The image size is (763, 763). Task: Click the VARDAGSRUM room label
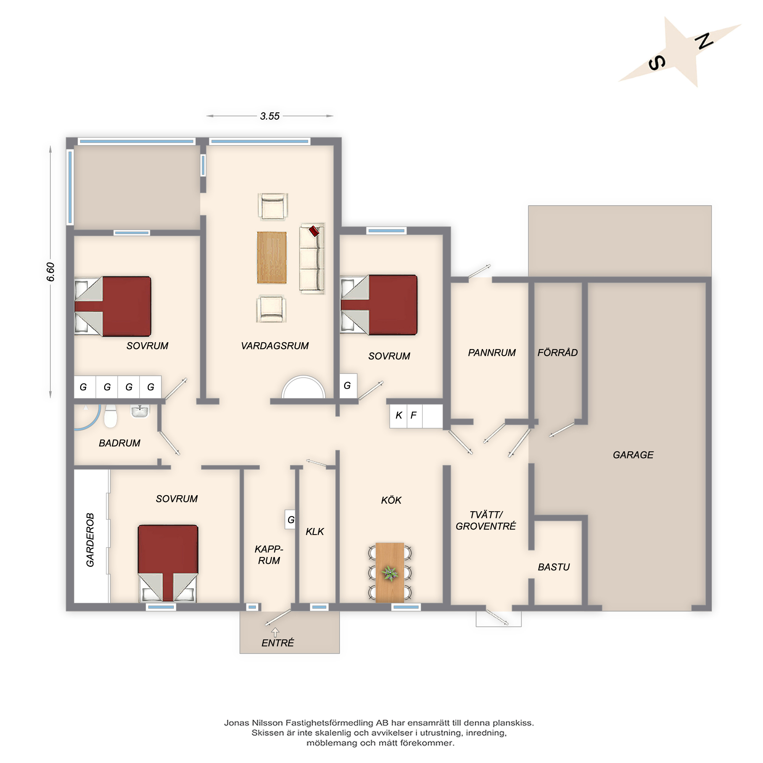click(275, 346)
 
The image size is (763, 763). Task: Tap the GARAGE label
click(633, 455)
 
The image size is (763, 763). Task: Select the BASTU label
click(554, 567)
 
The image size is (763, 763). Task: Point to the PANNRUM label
click(492, 353)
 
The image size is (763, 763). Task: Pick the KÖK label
click(391, 500)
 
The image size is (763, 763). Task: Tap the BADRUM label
click(119, 443)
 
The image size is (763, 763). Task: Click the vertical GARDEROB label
click(90, 540)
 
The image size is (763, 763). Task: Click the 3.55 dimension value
click(270, 116)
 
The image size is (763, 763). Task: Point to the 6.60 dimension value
click(51, 272)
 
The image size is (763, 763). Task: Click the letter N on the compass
click(704, 41)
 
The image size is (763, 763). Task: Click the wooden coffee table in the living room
click(272, 258)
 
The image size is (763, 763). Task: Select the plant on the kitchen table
click(390, 573)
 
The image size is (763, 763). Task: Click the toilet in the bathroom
click(111, 416)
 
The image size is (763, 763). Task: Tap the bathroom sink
click(140, 411)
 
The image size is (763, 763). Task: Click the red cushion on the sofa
click(314, 231)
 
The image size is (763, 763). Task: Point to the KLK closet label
click(315, 531)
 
